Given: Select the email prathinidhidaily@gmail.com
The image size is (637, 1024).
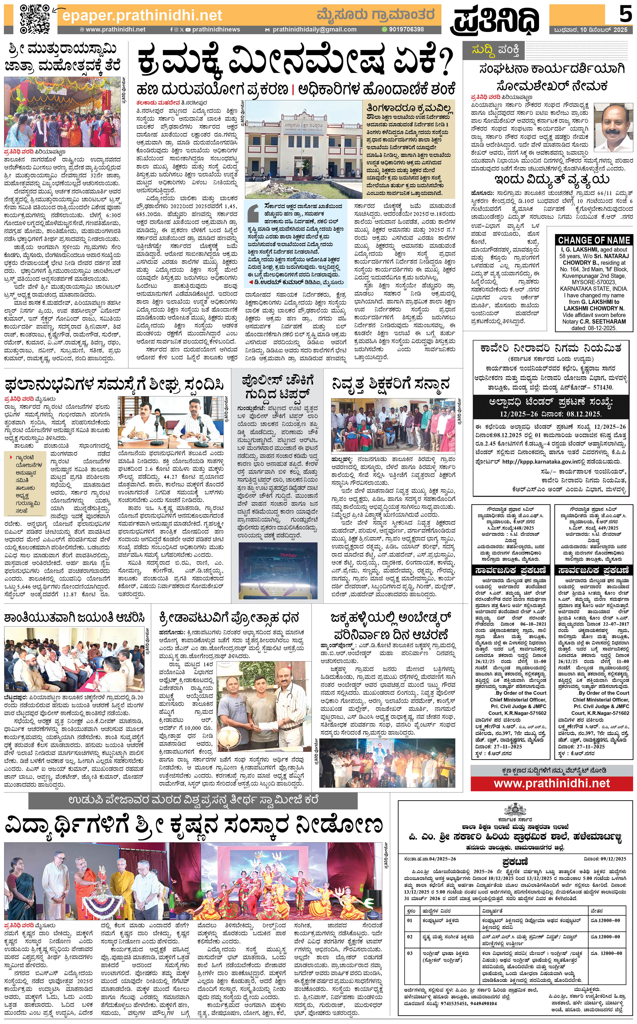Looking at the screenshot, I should [314, 29].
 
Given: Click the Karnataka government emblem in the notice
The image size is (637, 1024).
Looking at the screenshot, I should [512, 808].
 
